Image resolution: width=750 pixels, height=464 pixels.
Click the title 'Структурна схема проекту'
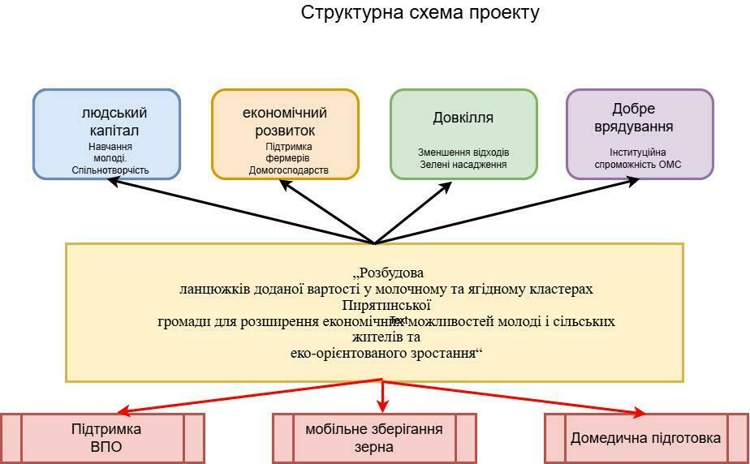[x=420, y=13]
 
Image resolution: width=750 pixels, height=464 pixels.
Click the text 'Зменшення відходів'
[x=463, y=153]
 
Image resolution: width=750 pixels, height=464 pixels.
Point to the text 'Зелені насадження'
[x=463, y=165]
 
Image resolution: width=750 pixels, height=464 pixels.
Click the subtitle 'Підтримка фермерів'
[x=289, y=153]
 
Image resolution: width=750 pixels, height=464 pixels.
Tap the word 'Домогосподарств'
[x=289, y=170]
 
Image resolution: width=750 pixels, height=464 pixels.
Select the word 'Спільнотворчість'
[x=111, y=170]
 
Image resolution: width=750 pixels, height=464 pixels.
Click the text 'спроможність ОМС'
[x=638, y=165]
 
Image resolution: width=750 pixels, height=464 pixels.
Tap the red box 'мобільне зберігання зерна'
[x=374, y=437]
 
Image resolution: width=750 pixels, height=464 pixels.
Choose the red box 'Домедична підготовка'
[x=645, y=438]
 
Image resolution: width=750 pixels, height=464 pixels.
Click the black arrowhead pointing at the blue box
[x=114, y=181]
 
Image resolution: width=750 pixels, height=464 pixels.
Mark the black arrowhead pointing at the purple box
[x=633, y=181]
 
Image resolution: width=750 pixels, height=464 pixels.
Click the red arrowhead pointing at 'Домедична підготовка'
[x=639, y=413]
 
